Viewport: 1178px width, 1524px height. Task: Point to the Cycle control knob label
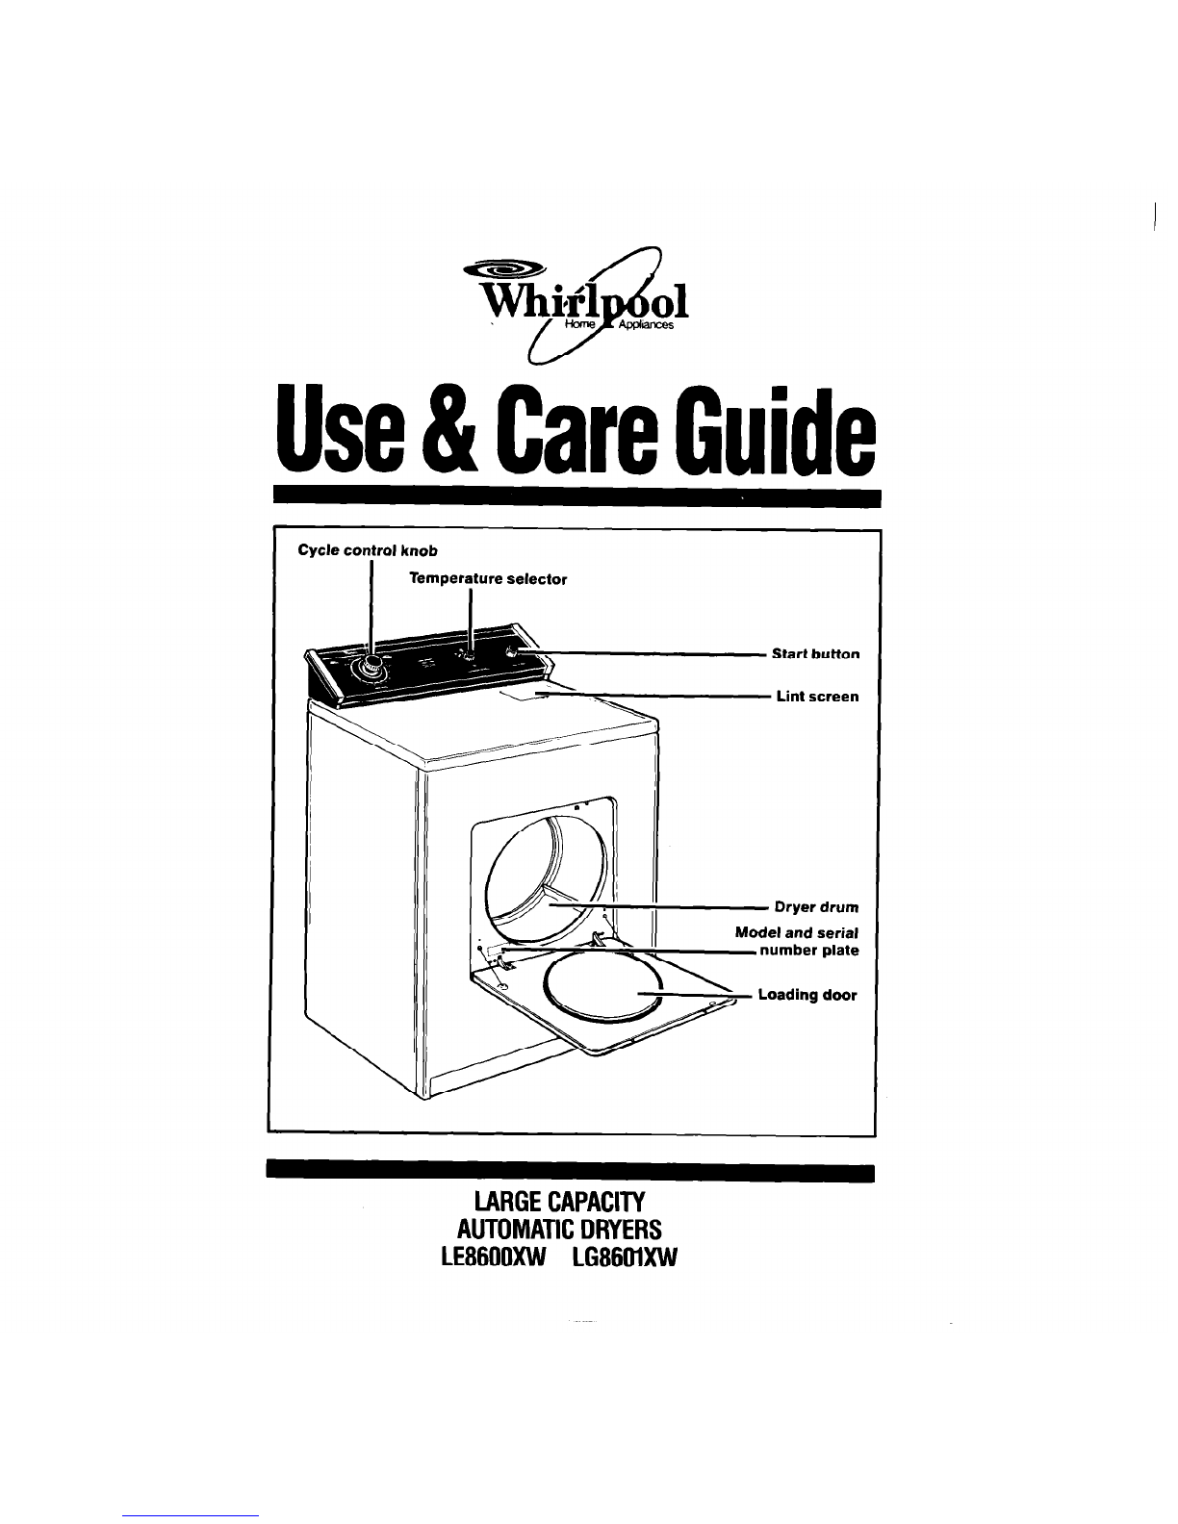(x=368, y=550)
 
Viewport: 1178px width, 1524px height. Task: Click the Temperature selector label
(x=488, y=579)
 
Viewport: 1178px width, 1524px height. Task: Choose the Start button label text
(x=815, y=653)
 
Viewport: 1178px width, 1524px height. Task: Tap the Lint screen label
(x=817, y=697)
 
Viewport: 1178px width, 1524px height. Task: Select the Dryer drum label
(x=817, y=907)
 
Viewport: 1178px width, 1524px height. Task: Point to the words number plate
(x=809, y=951)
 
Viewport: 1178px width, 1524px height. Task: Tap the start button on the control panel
(x=512, y=653)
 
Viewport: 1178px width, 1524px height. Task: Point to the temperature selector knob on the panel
(x=467, y=656)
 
